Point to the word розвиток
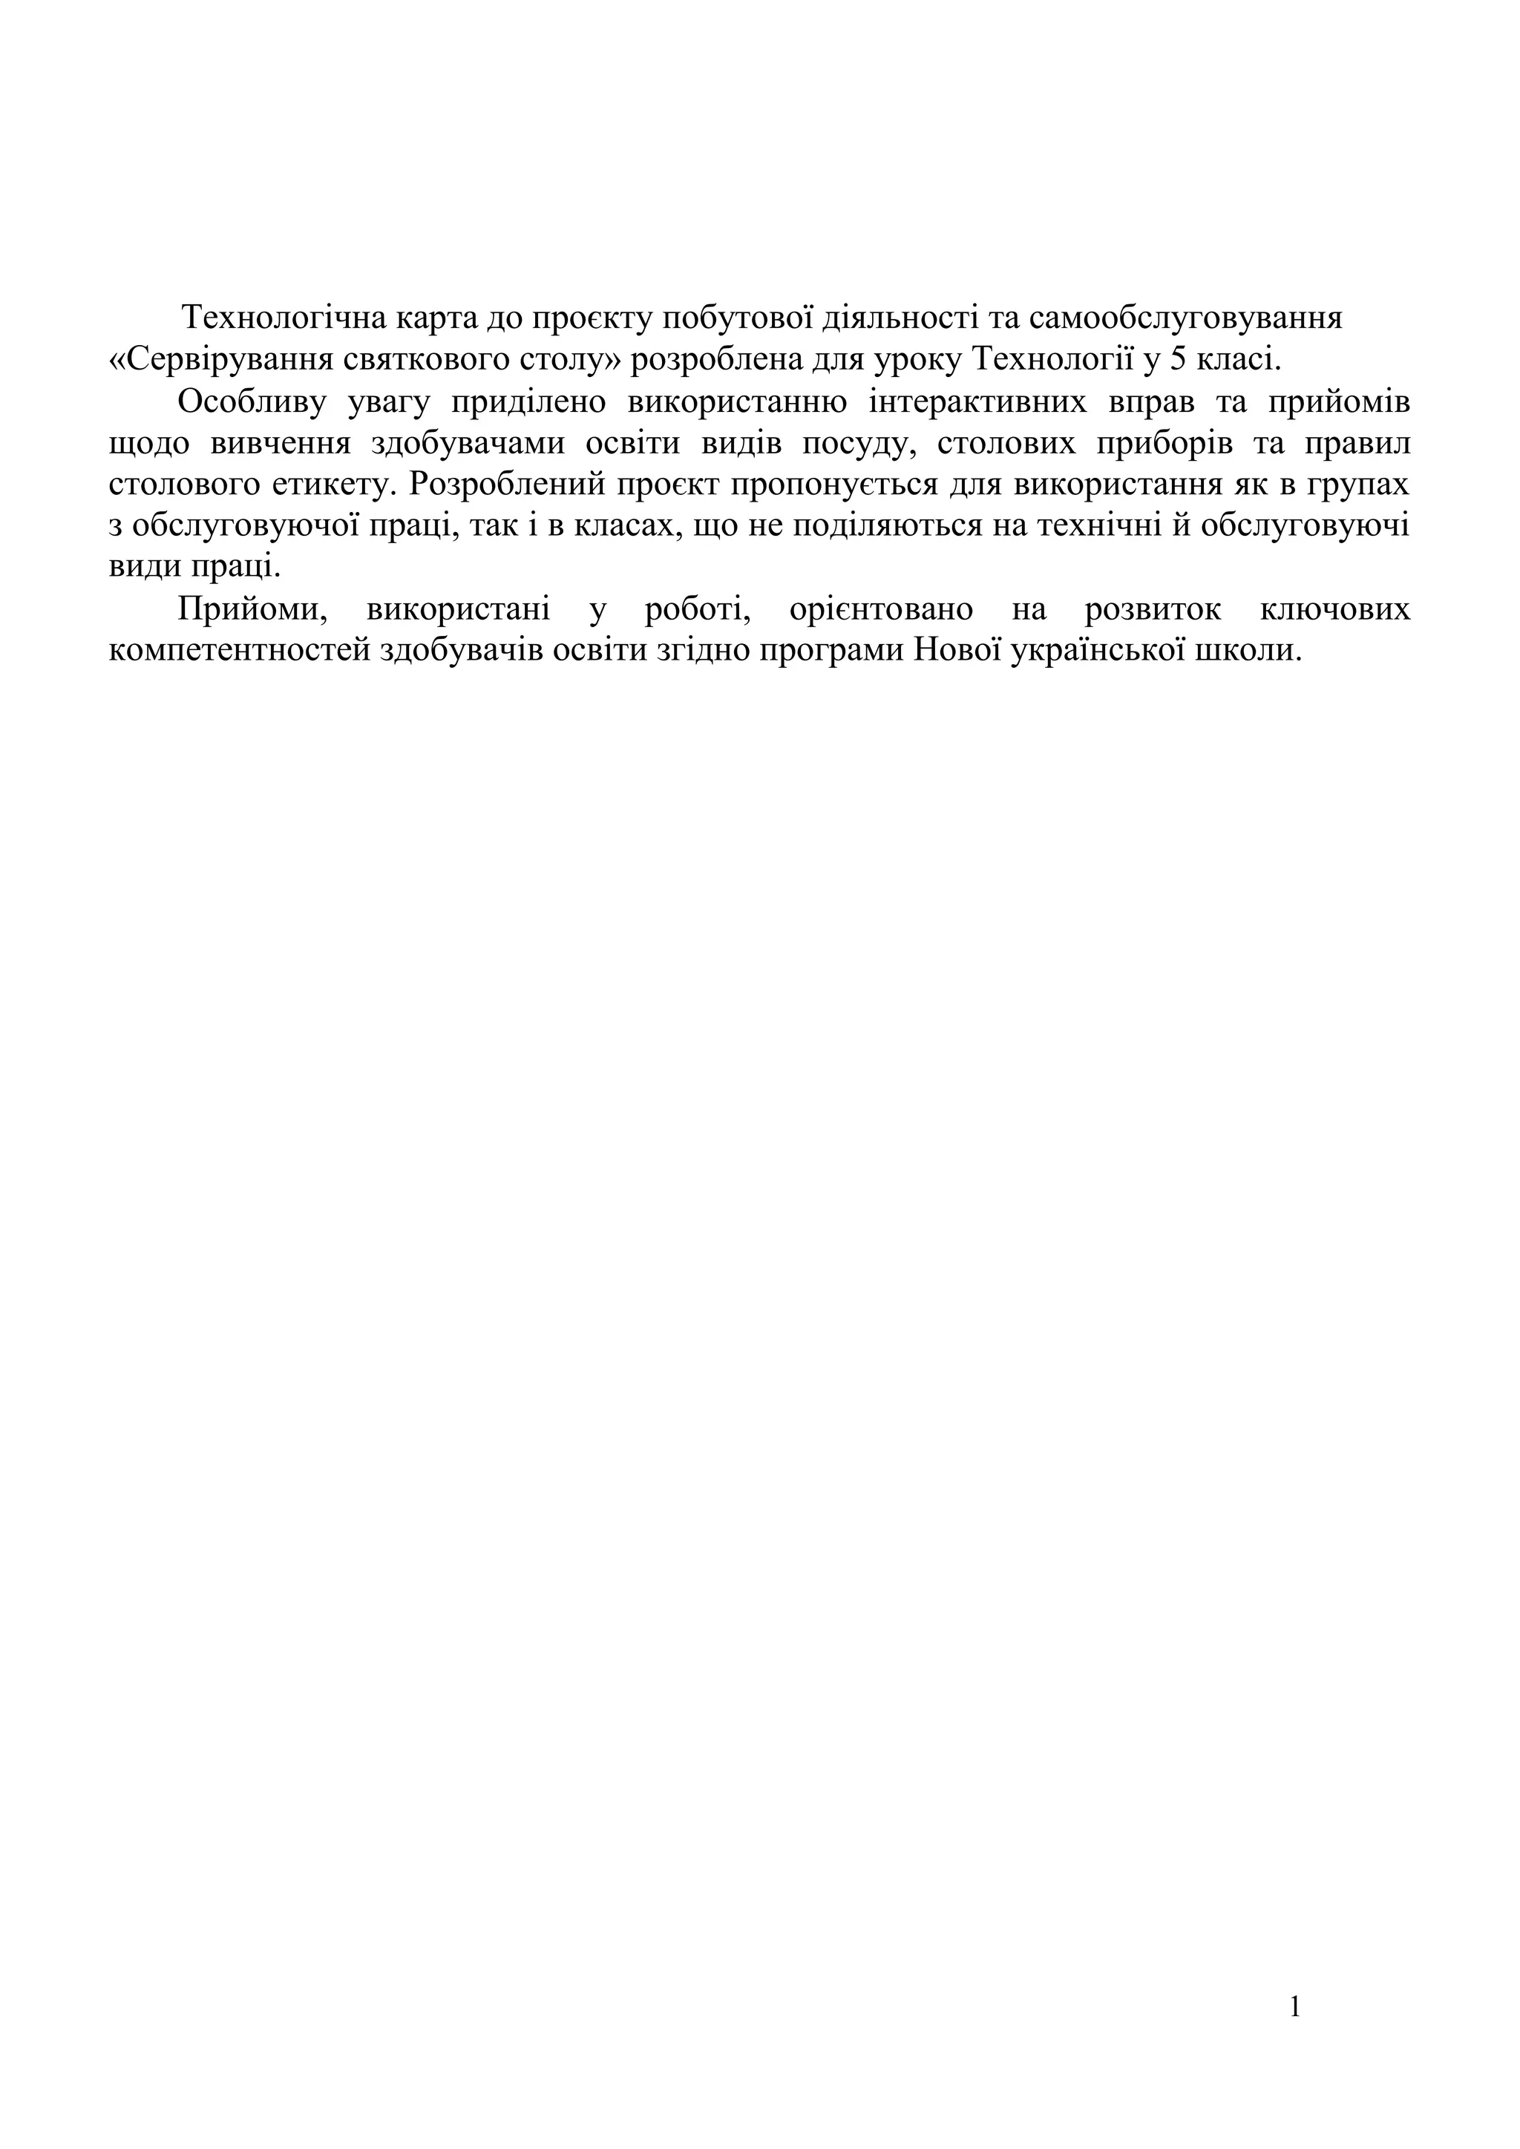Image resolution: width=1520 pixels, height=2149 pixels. click(x=1153, y=610)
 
